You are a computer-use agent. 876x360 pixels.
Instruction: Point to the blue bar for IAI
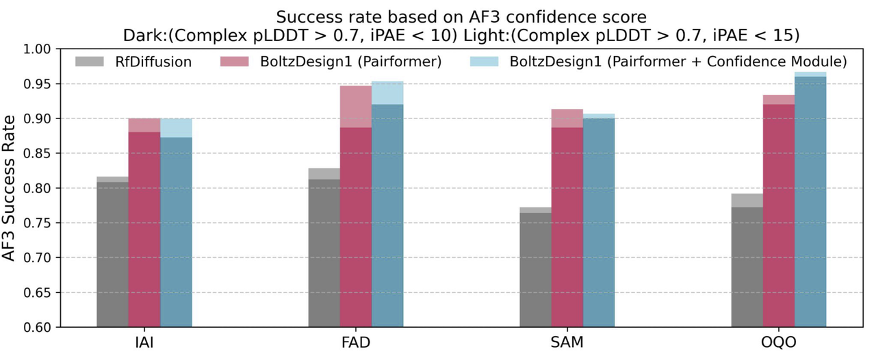[x=176, y=233]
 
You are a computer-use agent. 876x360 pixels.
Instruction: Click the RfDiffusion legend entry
[x=133, y=62]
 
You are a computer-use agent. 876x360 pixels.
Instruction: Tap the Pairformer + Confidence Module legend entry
[x=658, y=62]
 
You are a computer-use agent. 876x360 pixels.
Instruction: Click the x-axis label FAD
[x=355, y=342]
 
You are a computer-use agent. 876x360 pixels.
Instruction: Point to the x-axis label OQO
[x=779, y=342]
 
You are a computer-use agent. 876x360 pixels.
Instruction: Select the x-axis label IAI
[x=144, y=342]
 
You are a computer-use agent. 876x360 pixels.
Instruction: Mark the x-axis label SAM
[x=567, y=342]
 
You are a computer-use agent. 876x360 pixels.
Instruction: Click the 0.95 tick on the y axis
[x=42, y=84]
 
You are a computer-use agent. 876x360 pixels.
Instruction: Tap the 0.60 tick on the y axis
[x=42, y=327]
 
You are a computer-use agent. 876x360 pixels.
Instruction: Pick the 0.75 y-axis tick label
[x=42, y=223]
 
